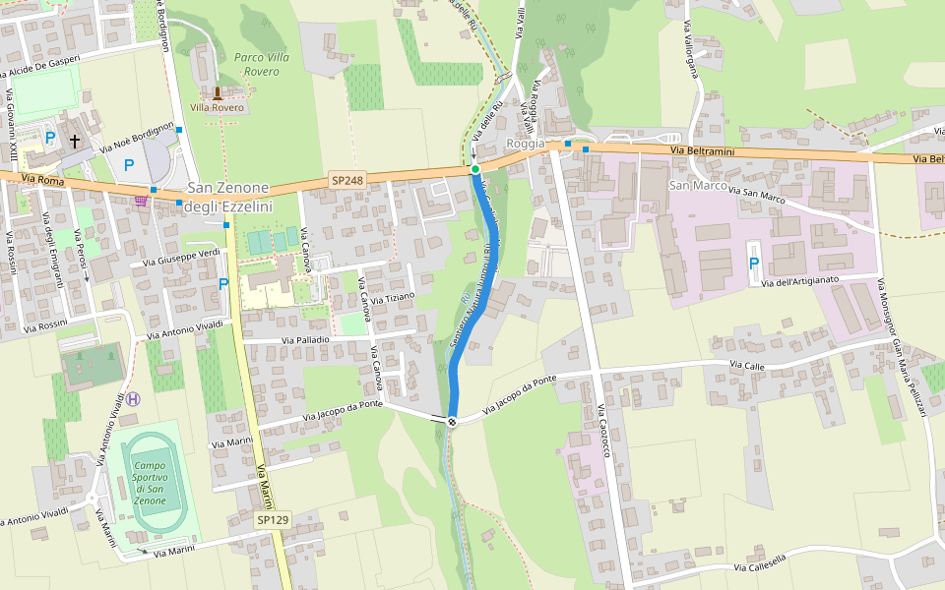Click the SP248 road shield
[346, 180]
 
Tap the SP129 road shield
[272, 519]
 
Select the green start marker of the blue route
[474, 169]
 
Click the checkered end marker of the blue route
[452, 421]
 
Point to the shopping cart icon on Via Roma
[141, 201]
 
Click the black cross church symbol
[75, 142]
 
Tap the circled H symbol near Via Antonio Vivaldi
[133, 399]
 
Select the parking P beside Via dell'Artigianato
[754, 263]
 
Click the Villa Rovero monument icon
[217, 93]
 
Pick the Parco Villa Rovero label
[262, 64]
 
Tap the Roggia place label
[525, 144]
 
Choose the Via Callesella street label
[760, 562]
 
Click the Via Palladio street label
[305, 339]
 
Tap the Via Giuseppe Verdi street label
[182, 258]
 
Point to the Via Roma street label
[41, 180]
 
